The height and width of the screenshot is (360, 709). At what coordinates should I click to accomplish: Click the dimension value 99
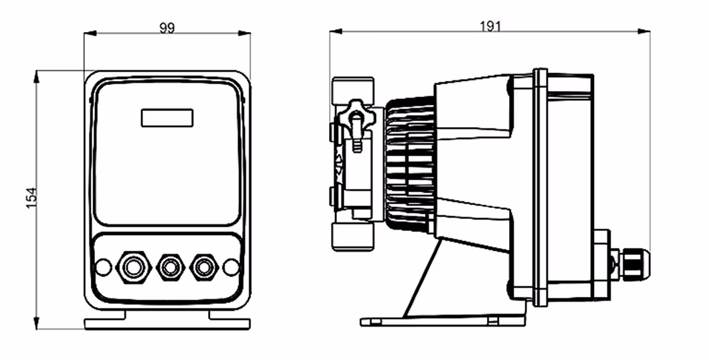(167, 28)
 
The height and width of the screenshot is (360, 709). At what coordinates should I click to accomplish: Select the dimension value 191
(490, 25)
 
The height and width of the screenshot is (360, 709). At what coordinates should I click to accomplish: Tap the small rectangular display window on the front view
(167, 117)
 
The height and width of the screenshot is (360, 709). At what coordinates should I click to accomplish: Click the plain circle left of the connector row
(103, 267)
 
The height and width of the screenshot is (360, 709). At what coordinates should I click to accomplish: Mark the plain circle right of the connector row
(231, 267)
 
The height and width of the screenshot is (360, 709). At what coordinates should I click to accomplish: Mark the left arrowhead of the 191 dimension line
(335, 31)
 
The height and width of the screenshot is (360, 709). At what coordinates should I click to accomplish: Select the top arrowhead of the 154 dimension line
(37, 76)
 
